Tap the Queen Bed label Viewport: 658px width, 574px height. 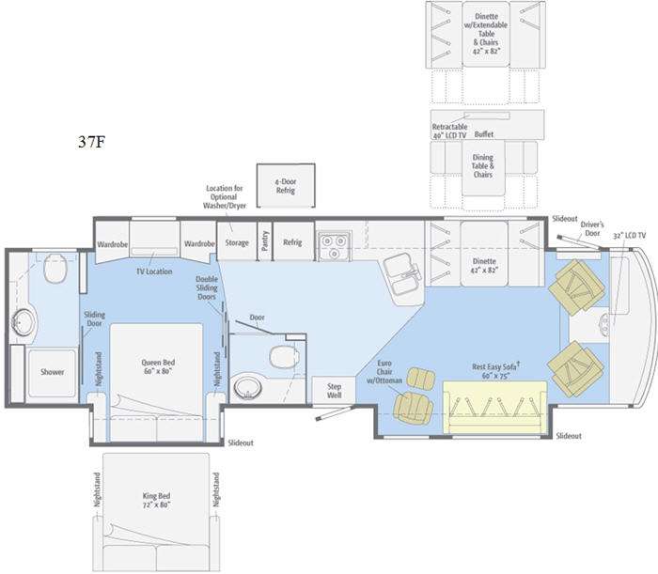156,366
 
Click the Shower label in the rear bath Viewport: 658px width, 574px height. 53,372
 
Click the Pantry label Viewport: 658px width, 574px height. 265,242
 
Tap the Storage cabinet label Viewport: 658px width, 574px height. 237,242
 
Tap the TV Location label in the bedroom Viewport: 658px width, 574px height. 154,271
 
